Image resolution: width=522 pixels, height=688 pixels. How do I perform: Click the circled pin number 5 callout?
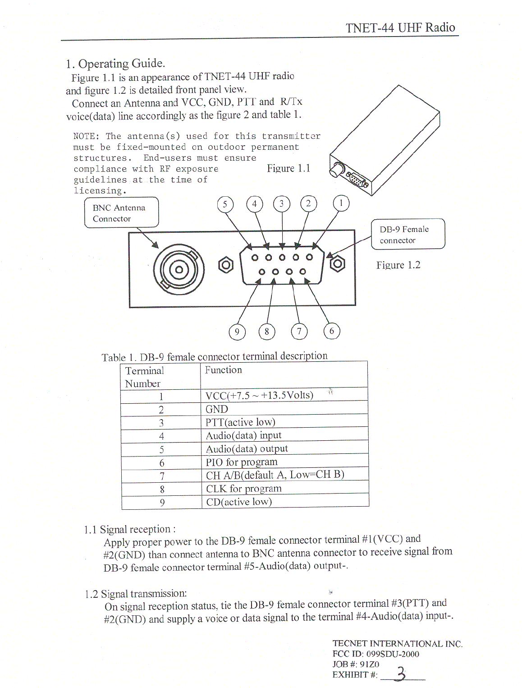[x=225, y=204]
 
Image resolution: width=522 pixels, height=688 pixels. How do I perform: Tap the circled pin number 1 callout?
[x=341, y=203]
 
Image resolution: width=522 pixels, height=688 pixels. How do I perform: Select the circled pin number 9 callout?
[x=237, y=332]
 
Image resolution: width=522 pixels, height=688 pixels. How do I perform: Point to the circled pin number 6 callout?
[x=332, y=331]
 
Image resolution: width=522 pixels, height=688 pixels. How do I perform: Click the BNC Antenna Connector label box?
[x=121, y=213]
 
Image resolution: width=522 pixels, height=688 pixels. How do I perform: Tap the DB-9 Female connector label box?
[x=408, y=234]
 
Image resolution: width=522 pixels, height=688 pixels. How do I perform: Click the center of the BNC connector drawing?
[x=179, y=270]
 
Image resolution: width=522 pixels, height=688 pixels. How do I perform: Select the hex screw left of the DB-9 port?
[x=226, y=264]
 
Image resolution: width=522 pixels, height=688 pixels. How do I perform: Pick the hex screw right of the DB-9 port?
[x=337, y=263]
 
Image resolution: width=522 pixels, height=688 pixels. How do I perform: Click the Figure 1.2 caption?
[x=398, y=265]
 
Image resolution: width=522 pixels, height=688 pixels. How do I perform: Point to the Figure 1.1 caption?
[x=288, y=168]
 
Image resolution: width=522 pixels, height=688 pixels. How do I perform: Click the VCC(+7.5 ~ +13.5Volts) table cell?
[x=259, y=396]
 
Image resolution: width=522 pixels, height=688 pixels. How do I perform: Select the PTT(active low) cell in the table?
[x=240, y=422]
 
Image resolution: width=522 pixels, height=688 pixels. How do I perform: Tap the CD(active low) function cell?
[x=239, y=502]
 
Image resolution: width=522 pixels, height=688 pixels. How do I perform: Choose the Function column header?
[x=223, y=370]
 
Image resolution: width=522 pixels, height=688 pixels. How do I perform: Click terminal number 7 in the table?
[x=162, y=476]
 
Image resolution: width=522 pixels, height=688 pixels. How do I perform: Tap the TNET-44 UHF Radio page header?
[x=400, y=28]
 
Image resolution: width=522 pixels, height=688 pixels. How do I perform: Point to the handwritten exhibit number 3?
[x=400, y=674]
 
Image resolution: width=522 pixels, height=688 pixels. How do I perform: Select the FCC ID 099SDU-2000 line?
[x=375, y=654]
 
